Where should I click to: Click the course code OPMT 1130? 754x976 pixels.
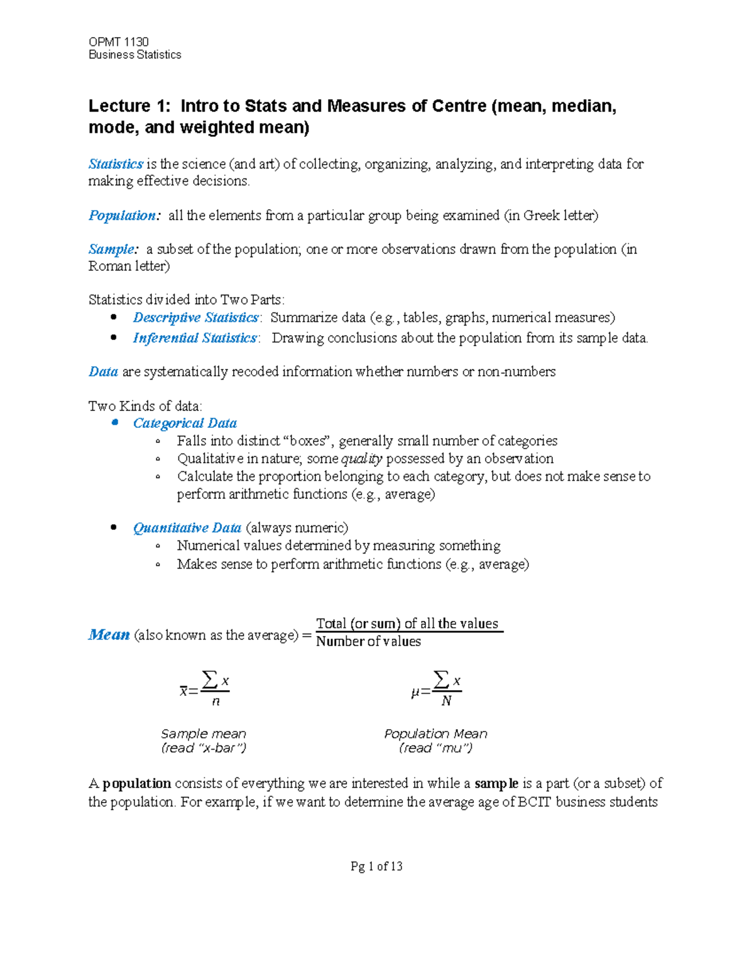119,42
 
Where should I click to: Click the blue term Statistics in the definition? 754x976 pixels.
116,164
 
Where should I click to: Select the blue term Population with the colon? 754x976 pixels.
124,216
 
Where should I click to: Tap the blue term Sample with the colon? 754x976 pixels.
112,249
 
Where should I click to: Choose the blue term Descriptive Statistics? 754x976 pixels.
195,317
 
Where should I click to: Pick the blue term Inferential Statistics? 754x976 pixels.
195,338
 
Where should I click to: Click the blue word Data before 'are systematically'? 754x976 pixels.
103,372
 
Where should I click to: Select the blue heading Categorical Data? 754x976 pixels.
185,424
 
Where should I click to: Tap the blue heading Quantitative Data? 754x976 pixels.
187,528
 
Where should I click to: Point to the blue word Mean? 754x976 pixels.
109,635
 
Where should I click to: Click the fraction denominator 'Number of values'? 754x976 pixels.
368,642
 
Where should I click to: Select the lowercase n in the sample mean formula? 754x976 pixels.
216,701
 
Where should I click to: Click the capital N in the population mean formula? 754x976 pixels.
446,701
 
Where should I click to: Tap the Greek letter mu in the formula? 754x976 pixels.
415,693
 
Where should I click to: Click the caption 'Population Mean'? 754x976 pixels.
435,733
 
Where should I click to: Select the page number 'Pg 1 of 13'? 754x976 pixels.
376,866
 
